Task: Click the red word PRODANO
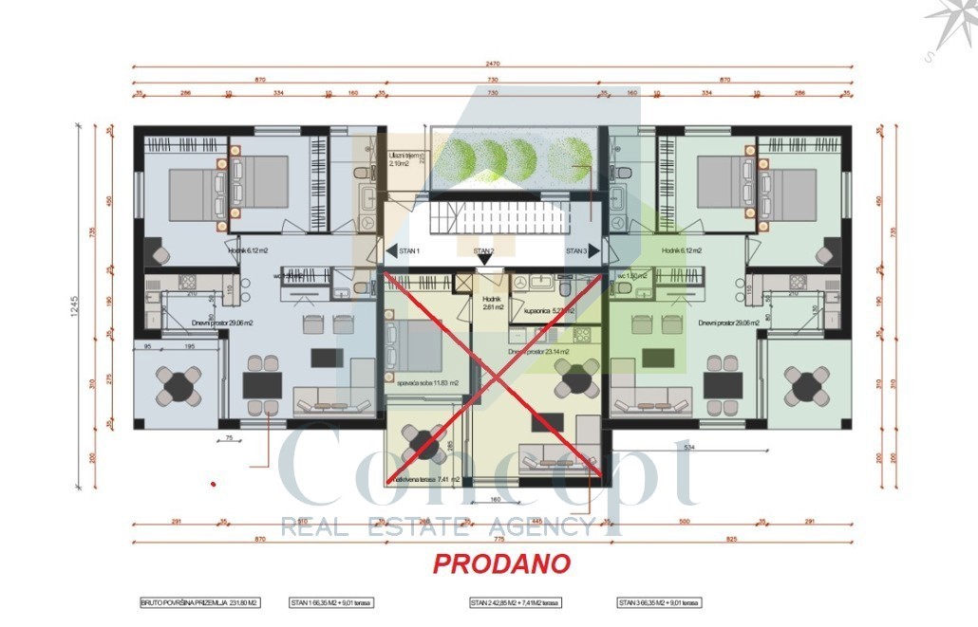click(x=501, y=563)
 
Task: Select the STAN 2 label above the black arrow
click(x=483, y=251)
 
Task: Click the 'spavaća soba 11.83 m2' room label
click(x=422, y=382)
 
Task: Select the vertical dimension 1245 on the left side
click(x=84, y=307)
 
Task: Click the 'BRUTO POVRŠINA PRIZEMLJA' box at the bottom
click(x=200, y=602)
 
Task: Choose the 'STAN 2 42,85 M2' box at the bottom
click(x=515, y=602)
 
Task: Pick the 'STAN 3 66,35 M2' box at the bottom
click(x=659, y=602)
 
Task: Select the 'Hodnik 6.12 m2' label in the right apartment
click(x=681, y=251)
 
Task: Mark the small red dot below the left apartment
click(x=214, y=484)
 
